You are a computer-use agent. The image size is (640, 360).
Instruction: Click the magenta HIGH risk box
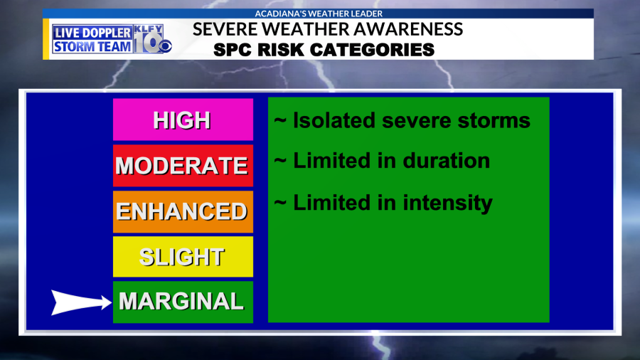click(x=183, y=120)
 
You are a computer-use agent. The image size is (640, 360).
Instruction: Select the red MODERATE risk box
click(x=183, y=165)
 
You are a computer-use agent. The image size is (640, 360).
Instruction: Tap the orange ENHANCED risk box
click(x=183, y=211)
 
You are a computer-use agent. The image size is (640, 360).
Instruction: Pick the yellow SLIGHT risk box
click(x=183, y=257)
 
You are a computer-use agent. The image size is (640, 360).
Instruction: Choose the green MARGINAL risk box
click(x=183, y=302)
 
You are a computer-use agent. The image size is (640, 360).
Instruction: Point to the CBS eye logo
click(x=165, y=46)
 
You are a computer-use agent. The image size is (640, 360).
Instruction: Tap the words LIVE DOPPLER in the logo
click(x=92, y=33)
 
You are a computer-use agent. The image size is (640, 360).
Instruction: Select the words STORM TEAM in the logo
click(x=92, y=46)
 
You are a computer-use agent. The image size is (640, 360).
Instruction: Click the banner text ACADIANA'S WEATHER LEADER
click(x=319, y=14)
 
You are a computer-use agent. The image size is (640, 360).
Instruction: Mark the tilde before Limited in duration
click(x=280, y=161)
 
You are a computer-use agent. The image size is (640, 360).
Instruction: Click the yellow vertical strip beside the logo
click(x=46, y=39)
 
